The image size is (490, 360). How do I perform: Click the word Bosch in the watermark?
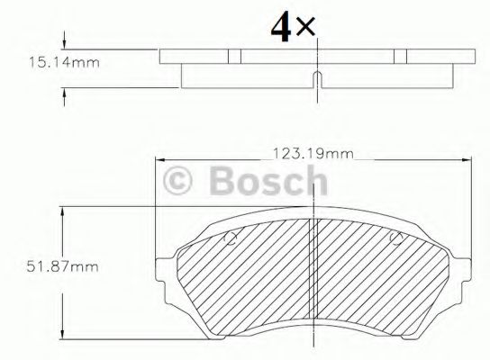click(268, 184)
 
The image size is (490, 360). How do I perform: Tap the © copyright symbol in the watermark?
click(185, 184)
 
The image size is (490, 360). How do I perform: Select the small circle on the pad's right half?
click(395, 239)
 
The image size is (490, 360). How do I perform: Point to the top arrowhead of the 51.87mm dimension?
click(62, 211)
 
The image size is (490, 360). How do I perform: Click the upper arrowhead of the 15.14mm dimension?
click(65, 45)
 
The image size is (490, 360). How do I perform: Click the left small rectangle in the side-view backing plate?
click(235, 56)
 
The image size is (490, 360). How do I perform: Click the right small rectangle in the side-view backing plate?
click(398, 56)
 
